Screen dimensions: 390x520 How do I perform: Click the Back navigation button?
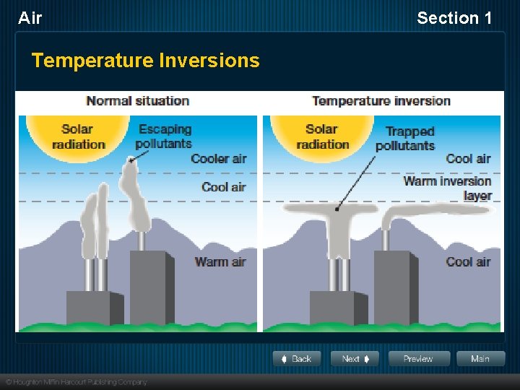pyautogui.click(x=296, y=359)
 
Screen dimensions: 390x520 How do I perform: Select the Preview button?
pyautogui.click(x=419, y=359)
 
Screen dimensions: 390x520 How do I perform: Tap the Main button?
pyautogui.click(x=480, y=359)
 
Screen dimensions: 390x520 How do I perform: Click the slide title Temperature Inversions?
pyautogui.click(x=145, y=61)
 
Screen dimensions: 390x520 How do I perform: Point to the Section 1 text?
pyautogui.click(x=454, y=18)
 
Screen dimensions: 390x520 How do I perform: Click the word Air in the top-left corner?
pyautogui.click(x=30, y=18)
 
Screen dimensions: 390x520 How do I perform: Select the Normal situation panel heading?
pyautogui.click(x=137, y=101)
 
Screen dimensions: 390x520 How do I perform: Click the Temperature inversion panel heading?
pyautogui.click(x=381, y=101)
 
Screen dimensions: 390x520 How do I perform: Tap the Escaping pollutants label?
pyautogui.click(x=165, y=136)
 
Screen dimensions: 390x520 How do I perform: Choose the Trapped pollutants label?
pyautogui.click(x=404, y=138)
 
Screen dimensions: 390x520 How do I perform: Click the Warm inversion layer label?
pyautogui.click(x=448, y=188)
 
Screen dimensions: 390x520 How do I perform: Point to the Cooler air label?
pyautogui.click(x=218, y=159)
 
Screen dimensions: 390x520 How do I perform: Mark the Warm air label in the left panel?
pyautogui.click(x=220, y=261)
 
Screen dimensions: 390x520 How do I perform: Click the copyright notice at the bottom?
pyautogui.click(x=76, y=382)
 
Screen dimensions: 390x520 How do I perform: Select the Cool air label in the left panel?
pyautogui.click(x=224, y=187)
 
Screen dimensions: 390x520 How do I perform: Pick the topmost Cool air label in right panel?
pyautogui.click(x=468, y=159)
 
